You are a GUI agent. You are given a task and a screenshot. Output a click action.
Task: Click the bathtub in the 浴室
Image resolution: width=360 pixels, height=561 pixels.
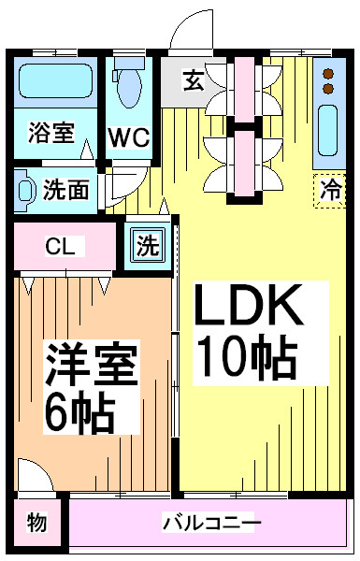click(56, 81)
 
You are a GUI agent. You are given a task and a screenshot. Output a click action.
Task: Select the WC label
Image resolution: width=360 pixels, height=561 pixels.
click(129, 137)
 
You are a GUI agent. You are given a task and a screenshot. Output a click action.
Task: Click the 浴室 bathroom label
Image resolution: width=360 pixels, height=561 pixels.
click(51, 133)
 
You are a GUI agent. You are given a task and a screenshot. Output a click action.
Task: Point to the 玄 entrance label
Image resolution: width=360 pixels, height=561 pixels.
click(194, 80)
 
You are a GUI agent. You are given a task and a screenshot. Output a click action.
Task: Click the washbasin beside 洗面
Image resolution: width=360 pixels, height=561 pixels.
click(24, 190)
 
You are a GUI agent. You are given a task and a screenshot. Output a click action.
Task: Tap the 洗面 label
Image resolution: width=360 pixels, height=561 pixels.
click(65, 189)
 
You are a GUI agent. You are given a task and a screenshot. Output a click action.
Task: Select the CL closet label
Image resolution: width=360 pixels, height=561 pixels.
click(60, 247)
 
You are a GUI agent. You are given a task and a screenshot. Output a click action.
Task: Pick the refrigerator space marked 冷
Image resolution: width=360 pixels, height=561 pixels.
click(329, 191)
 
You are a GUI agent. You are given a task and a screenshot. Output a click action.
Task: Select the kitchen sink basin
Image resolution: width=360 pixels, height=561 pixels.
click(328, 130)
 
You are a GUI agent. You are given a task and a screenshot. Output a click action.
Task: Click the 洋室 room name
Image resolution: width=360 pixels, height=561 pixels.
click(92, 365)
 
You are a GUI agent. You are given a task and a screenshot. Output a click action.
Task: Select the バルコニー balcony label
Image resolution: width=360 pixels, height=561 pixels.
click(212, 524)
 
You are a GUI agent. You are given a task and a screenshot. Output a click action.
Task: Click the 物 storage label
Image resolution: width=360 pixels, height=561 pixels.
click(36, 523)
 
